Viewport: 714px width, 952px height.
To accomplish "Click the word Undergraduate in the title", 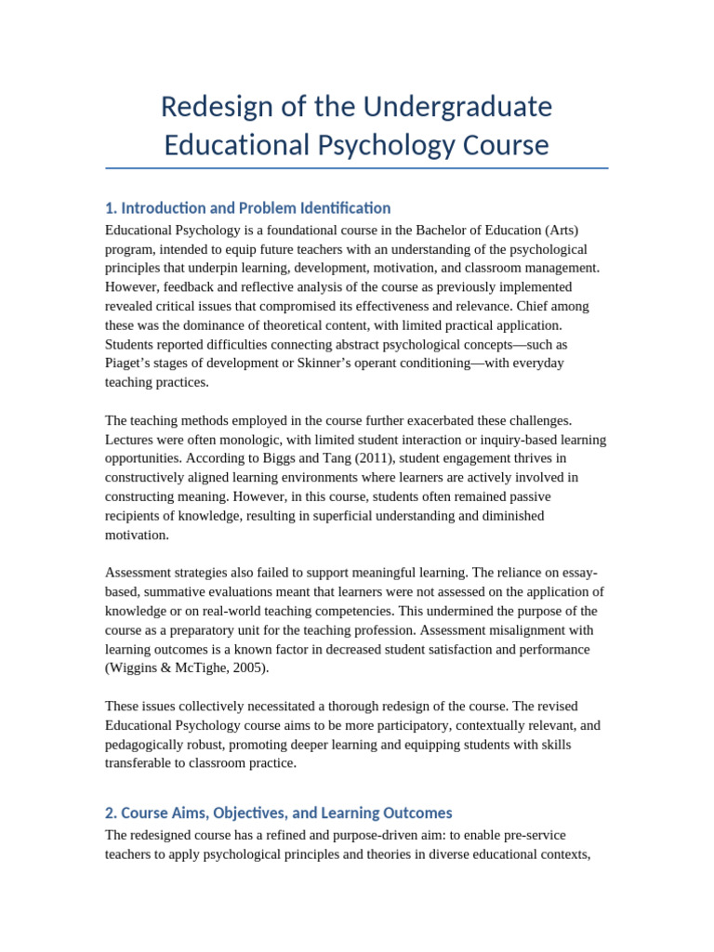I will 457,107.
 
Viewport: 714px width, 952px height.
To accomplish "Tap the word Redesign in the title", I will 205,107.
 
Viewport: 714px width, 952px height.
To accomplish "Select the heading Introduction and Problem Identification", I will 256,208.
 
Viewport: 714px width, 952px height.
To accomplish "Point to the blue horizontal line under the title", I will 357,168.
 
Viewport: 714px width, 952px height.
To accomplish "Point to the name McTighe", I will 208,668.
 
